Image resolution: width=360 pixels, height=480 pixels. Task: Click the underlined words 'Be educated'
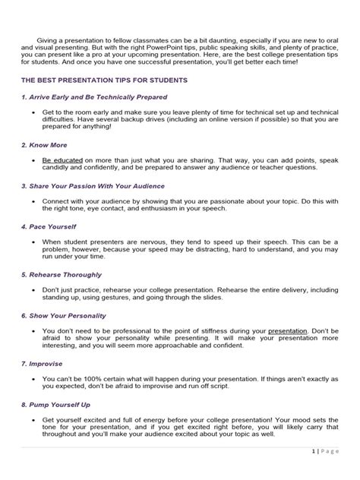[x=62, y=161]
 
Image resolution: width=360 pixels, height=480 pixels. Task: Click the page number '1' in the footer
[x=313, y=472]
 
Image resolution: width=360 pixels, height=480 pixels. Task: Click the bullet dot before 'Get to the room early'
[x=35, y=112]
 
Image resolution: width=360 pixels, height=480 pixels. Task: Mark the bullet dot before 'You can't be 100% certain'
[x=35, y=378]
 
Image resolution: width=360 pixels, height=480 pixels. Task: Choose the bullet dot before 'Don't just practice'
[x=35, y=289]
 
